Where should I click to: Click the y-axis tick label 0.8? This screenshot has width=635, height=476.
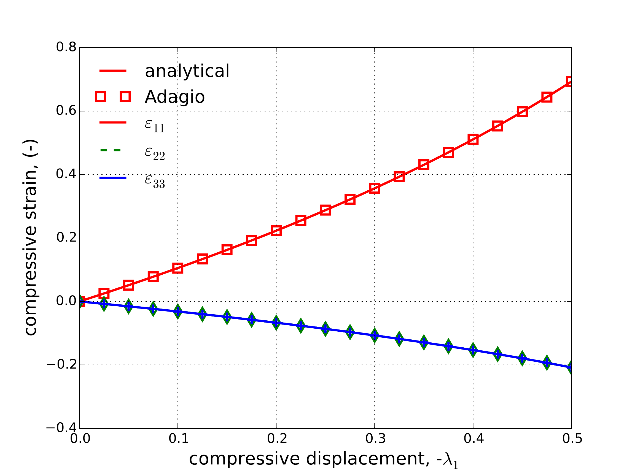[x=66, y=47]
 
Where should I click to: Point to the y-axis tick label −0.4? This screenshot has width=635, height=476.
[x=61, y=428]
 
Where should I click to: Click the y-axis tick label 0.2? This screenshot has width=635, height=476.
[x=66, y=237]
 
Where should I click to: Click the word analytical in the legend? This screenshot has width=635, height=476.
[x=187, y=71]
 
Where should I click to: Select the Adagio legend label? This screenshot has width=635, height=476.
[x=174, y=97]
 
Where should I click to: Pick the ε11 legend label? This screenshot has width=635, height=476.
[x=155, y=125]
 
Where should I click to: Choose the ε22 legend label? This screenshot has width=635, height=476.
[x=155, y=153]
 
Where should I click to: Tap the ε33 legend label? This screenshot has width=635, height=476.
[x=155, y=181]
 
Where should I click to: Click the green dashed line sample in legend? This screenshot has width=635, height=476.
[x=111, y=150]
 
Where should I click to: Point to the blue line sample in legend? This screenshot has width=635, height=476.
[x=113, y=178]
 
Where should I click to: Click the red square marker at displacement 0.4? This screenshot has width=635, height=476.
[x=473, y=139]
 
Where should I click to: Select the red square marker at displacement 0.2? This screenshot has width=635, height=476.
[x=276, y=231]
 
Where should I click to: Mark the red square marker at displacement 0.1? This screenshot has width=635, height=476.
[x=178, y=268]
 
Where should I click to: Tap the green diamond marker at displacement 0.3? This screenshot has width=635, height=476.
[x=375, y=336]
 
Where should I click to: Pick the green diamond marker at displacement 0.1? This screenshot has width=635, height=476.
[x=178, y=311]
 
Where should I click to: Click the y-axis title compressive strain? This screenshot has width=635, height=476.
[x=30, y=237]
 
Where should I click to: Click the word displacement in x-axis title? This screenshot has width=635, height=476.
[x=368, y=459]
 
